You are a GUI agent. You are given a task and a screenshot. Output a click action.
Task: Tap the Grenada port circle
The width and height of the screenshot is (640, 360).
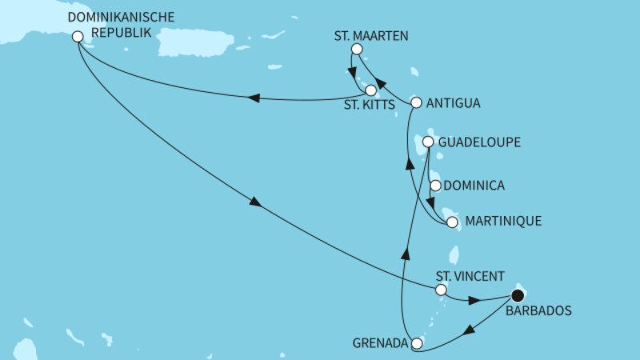[416, 344]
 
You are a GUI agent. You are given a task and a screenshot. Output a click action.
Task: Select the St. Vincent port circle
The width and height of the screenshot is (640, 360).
[440, 292]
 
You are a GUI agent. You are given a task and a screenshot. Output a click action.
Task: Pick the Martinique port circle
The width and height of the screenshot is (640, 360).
[452, 222]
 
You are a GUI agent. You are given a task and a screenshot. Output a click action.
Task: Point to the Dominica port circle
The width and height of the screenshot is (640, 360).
[435, 186]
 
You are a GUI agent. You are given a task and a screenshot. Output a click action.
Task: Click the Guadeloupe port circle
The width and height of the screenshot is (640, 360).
[429, 142]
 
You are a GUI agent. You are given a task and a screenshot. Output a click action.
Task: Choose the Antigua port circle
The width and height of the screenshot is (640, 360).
[416, 102]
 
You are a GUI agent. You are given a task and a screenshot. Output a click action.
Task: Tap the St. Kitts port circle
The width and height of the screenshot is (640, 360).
[371, 90]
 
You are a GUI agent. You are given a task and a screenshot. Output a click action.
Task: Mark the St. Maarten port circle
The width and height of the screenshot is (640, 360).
[357, 50]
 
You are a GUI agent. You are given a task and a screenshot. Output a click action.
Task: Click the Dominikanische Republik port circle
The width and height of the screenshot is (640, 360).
[78, 36]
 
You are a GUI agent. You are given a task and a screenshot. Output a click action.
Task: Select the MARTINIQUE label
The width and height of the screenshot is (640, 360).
[502, 222]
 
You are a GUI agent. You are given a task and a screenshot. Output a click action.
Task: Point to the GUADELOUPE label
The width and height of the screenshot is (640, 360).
[481, 142]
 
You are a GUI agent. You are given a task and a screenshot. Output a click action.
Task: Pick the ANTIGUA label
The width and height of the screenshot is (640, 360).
[454, 102]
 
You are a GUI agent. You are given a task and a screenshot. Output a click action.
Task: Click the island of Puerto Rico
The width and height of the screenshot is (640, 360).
[192, 42]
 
